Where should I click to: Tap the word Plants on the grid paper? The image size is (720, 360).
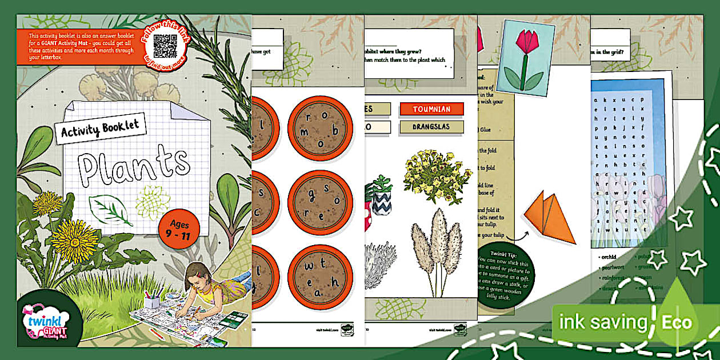(135, 163)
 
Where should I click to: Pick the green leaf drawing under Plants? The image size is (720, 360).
(111, 209)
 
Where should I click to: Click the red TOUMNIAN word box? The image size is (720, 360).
(431, 109)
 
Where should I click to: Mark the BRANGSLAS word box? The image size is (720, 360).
(431, 127)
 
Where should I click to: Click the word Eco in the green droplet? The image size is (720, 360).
(677, 322)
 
